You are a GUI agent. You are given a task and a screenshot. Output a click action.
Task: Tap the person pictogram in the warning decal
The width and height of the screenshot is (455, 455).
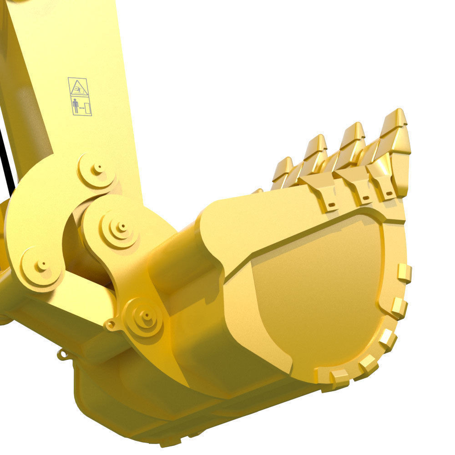pos(76,106)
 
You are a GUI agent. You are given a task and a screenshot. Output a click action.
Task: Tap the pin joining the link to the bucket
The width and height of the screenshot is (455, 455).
pos(145,314)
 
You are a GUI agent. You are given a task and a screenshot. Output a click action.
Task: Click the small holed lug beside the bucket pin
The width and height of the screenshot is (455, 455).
pos(110,324)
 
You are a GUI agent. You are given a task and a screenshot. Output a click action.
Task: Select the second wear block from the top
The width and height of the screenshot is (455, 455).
pos(399,308)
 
